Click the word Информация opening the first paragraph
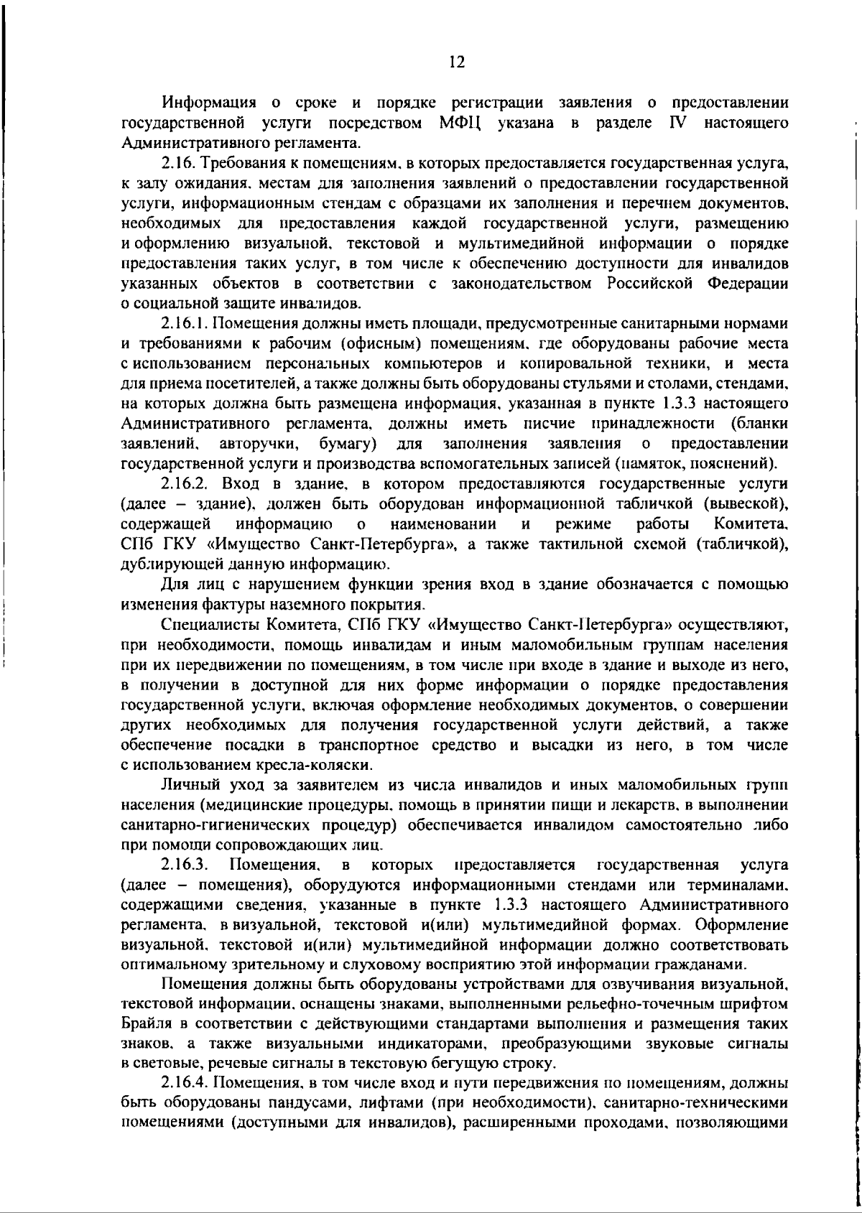[209, 103]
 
